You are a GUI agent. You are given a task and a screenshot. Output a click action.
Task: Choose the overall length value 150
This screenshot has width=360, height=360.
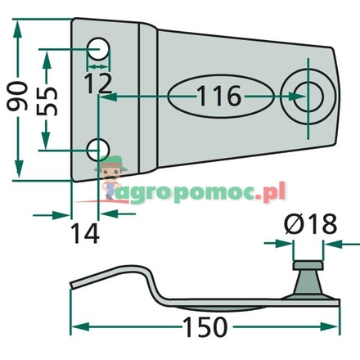click(201, 327)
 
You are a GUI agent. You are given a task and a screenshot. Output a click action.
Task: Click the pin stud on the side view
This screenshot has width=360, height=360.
click(305, 271)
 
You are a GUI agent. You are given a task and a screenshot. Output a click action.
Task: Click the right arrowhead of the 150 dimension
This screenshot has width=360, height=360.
click(335, 327)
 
